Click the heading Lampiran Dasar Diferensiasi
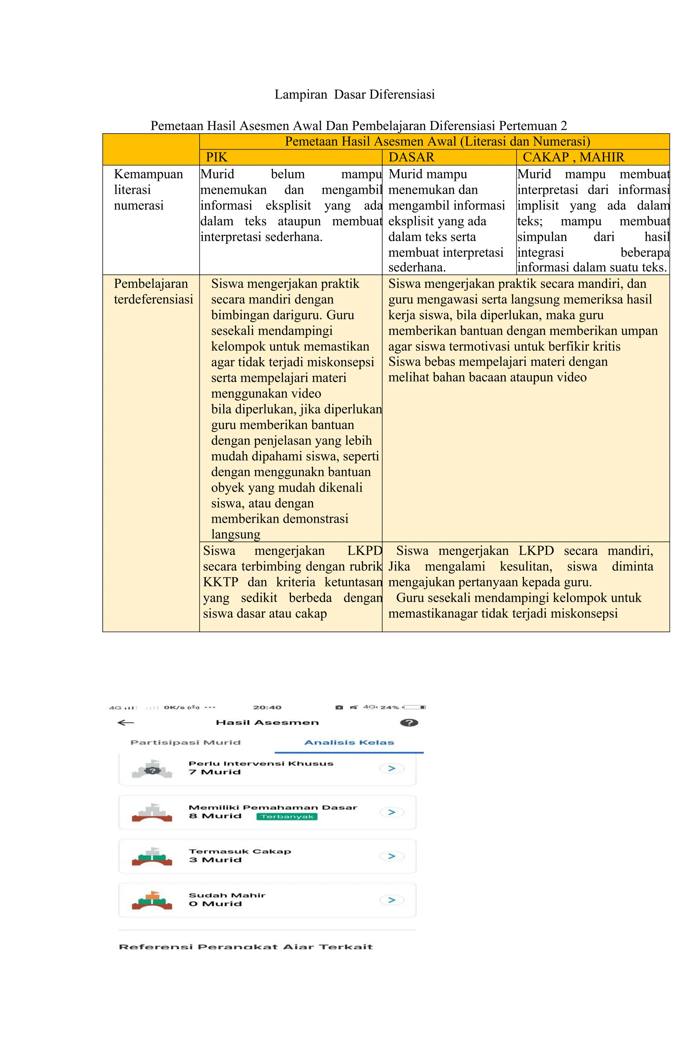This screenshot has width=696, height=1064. coord(354,95)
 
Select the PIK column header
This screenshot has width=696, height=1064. coord(216,157)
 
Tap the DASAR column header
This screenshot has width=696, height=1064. coord(411,157)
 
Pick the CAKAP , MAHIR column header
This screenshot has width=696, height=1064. coord(573,157)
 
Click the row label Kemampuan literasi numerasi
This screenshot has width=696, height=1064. coord(148,190)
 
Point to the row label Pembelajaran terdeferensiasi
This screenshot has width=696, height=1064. coord(153,291)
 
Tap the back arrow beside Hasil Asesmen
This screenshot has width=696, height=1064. coord(126,723)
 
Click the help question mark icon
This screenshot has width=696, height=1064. coord(409,723)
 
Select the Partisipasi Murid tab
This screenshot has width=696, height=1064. coord(185,743)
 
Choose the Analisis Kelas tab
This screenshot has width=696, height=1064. coord(349,743)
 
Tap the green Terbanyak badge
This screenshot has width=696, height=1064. coord(287,816)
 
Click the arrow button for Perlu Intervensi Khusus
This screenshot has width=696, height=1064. coord(392,768)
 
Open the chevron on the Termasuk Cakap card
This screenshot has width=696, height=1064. coord(392,856)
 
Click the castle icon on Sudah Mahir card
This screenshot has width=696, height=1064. coord(152,900)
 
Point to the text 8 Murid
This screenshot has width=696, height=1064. coord(215,816)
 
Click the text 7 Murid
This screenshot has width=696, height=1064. coord(215,772)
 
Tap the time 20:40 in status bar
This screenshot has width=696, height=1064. coord(267,707)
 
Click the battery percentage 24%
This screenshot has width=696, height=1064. coord(389,707)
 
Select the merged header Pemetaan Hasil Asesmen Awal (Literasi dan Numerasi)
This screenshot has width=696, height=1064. coord(437,142)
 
